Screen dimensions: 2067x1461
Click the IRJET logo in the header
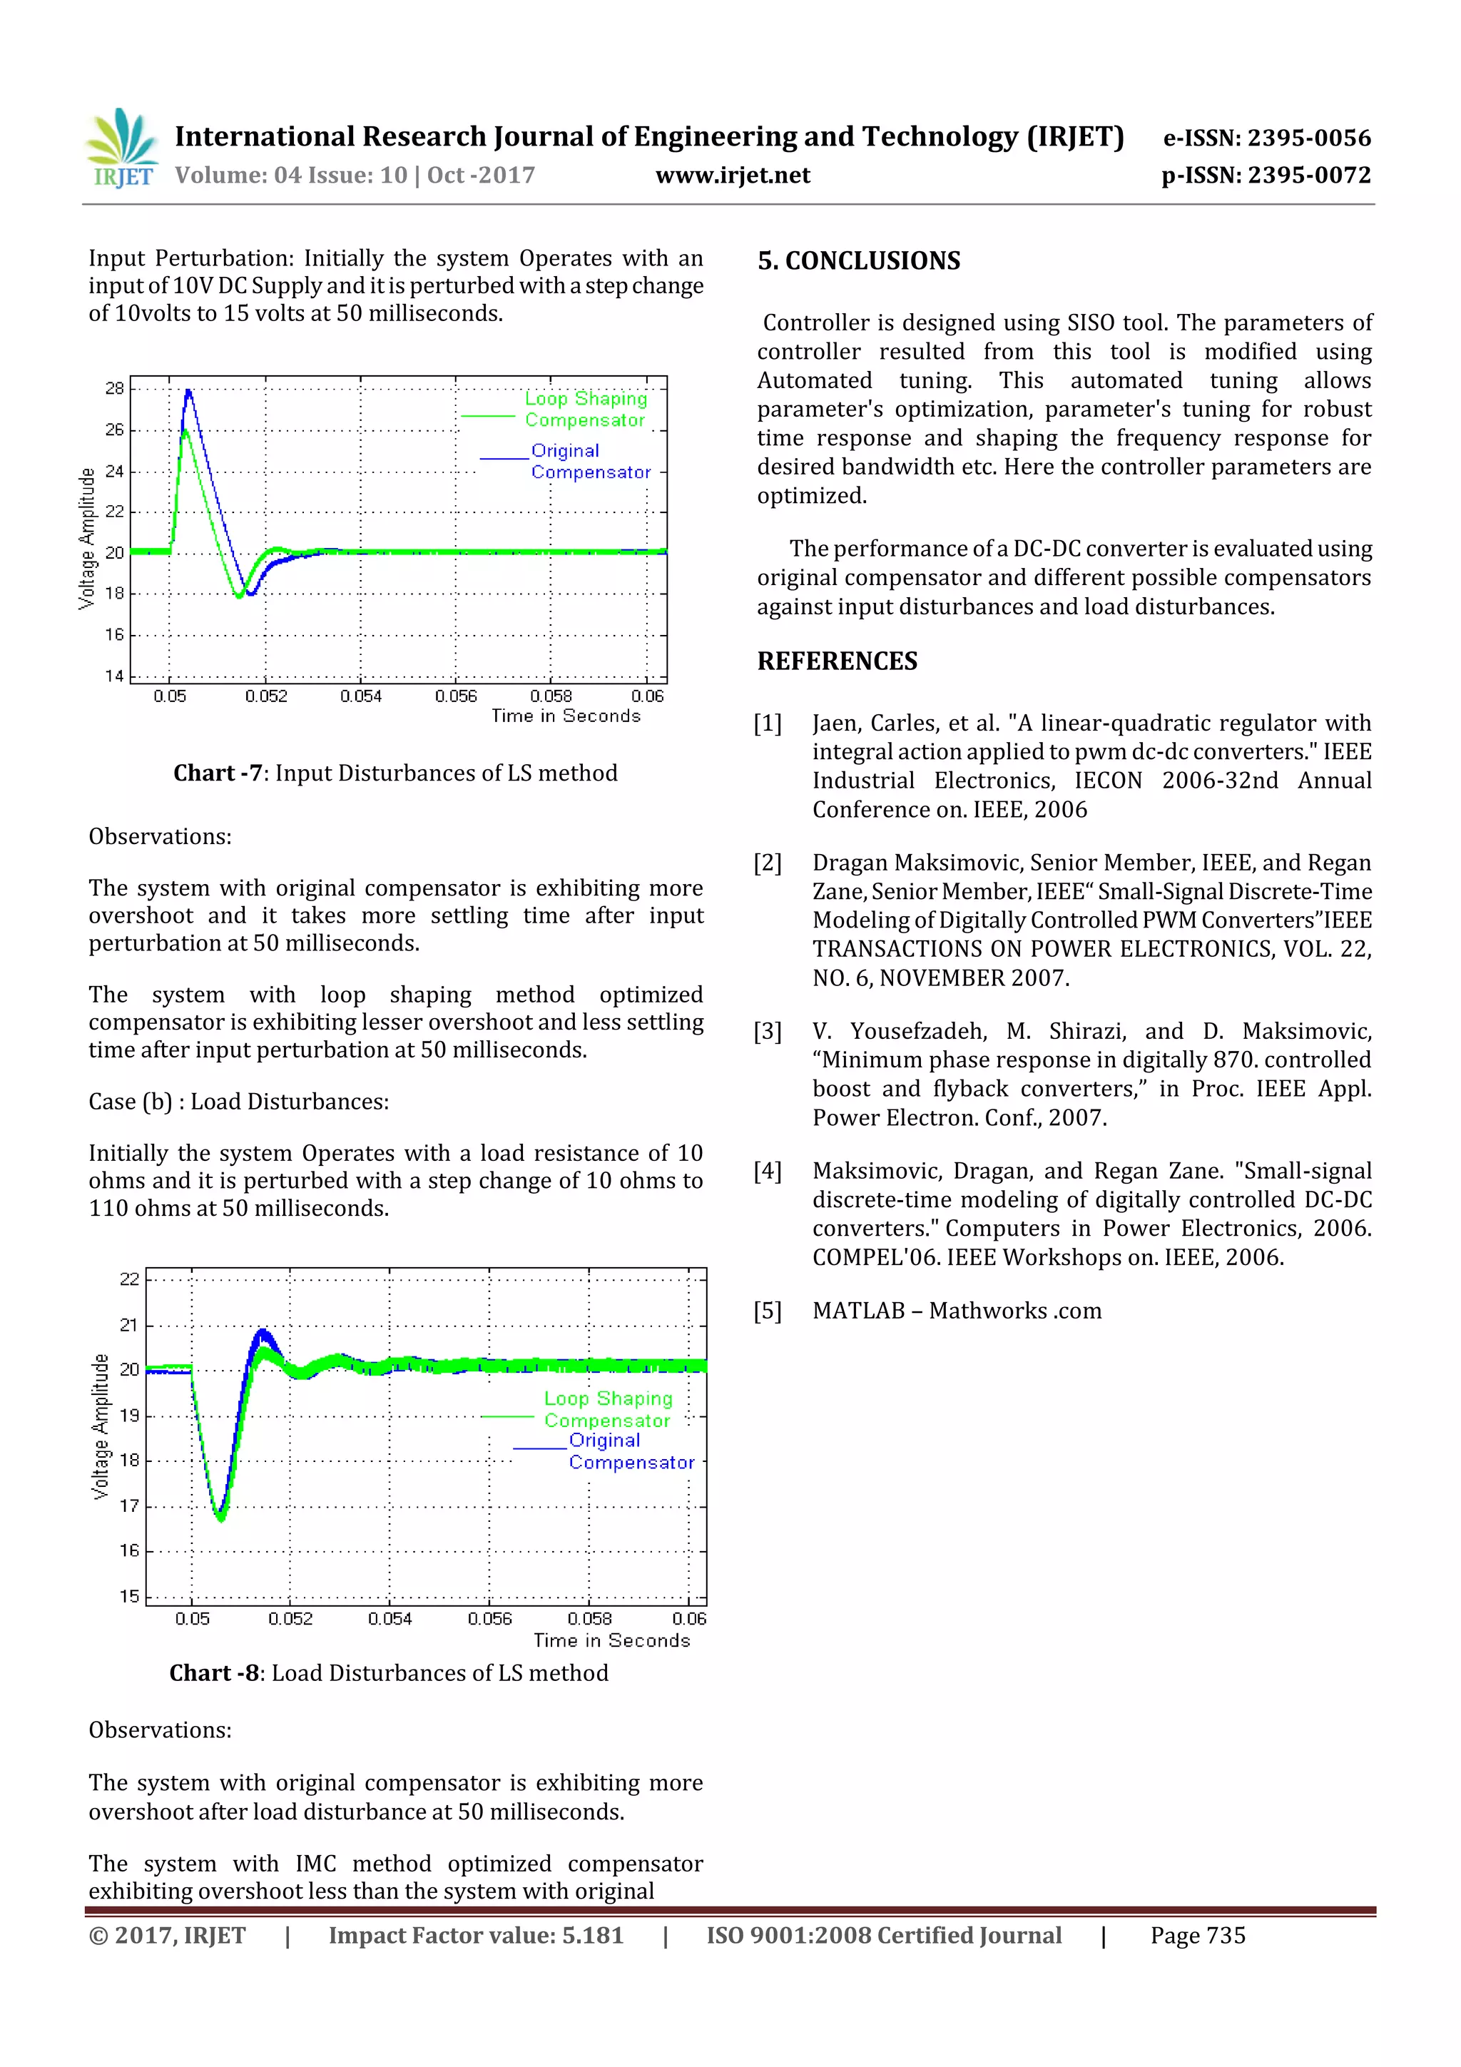pos(121,148)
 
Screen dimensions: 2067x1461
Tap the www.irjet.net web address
pos(732,175)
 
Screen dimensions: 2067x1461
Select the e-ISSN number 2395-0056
pos(1266,138)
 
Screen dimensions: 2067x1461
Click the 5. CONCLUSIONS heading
pos(858,261)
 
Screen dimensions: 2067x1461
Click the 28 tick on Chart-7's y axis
pos(114,389)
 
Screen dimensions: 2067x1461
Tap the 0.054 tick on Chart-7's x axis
pos(361,696)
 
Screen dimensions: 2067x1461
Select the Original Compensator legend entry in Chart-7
pos(590,461)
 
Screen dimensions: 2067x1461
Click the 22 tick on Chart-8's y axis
pos(130,1279)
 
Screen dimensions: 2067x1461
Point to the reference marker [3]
pos(768,1031)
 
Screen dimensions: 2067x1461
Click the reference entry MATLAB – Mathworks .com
pos(956,1311)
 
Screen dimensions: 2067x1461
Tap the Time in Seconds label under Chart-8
pos(611,1640)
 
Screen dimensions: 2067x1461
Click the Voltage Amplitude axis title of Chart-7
pos(86,539)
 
